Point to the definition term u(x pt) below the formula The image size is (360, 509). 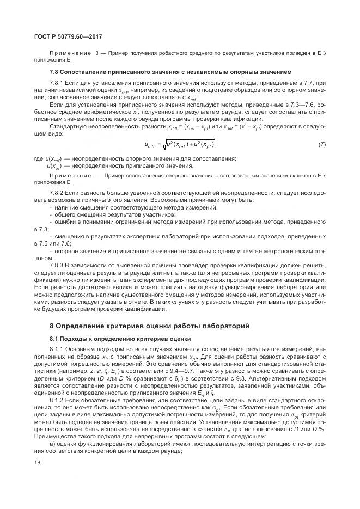pyautogui.click(x=57, y=165)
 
